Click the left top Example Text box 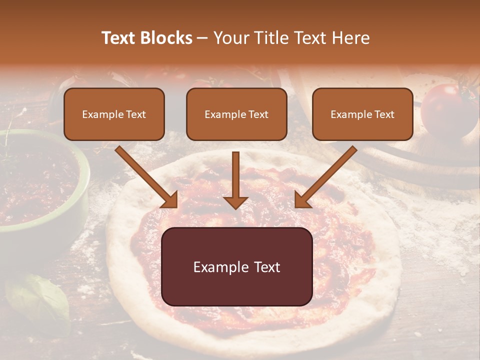click(x=114, y=114)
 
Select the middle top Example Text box click(x=236, y=114)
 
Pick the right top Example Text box click(x=362, y=114)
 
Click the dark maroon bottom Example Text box click(x=237, y=266)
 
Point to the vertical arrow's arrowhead click(x=235, y=202)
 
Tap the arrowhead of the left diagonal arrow click(x=170, y=200)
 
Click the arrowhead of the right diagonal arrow click(x=302, y=200)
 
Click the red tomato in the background click(x=447, y=110)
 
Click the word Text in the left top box click(x=136, y=114)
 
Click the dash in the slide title click(x=202, y=38)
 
